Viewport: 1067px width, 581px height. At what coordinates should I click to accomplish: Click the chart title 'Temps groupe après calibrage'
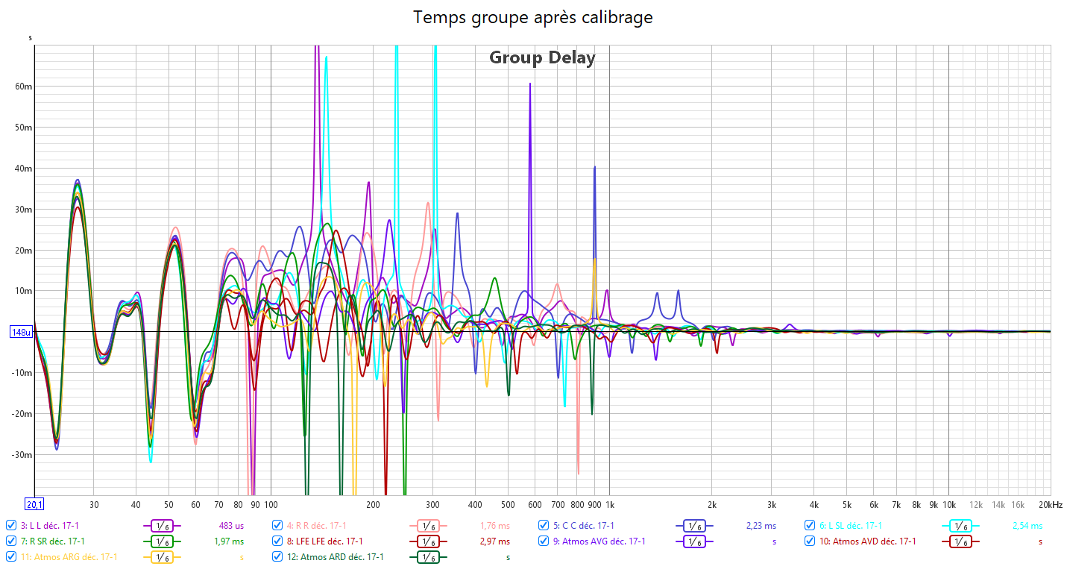point(533,17)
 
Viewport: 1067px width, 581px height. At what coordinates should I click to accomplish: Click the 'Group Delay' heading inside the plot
point(542,57)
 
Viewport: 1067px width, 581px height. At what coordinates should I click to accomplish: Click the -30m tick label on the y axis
point(23,455)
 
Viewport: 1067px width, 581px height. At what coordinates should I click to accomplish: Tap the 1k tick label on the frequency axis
point(609,505)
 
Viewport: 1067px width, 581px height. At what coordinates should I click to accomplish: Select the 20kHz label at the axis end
point(1051,505)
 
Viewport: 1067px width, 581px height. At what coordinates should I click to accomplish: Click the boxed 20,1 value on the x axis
point(34,504)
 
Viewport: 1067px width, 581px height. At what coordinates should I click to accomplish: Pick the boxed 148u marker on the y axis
point(20,332)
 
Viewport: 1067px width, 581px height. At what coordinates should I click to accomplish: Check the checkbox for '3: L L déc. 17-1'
point(10,525)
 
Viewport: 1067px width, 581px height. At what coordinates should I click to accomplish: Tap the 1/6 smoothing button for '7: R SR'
point(162,541)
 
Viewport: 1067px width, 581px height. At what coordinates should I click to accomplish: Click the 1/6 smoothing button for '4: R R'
point(428,526)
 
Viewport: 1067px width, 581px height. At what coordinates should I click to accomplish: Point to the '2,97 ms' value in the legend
point(494,541)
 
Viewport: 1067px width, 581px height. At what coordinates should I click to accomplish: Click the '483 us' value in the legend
point(229,526)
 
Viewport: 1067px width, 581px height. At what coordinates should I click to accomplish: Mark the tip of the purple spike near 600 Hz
point(530,84)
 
